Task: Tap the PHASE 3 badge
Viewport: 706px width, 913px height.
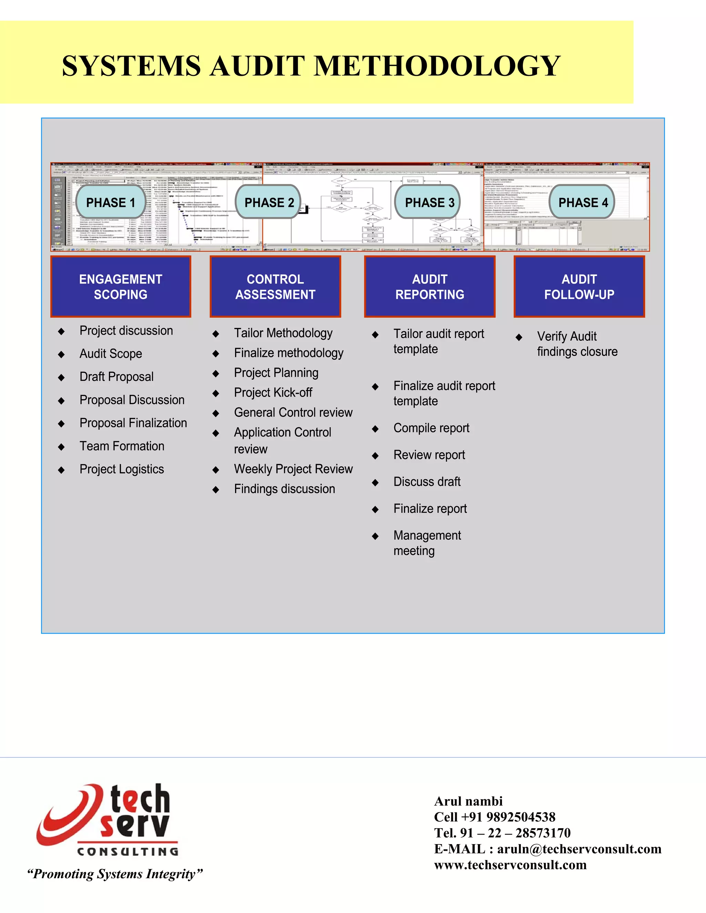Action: pos(429,202)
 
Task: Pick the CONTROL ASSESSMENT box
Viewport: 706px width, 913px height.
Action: pos(275,287)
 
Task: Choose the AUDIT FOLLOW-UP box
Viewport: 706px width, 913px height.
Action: pos(579,287)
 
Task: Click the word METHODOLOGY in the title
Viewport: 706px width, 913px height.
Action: pos(437,66)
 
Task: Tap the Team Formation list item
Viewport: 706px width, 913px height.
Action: pos(122,446)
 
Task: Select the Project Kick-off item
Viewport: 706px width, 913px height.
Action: pos(273,392)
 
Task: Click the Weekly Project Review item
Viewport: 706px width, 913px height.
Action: pos(293,469)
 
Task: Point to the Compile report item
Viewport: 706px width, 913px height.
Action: pos(431,428)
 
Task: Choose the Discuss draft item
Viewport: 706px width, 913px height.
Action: pos(427,482)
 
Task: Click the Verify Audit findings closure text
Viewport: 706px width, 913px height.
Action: pos(577,343)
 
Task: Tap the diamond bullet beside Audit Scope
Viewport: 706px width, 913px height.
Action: pos(61,355)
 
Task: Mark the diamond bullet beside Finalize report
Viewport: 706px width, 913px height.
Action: pos(375,509)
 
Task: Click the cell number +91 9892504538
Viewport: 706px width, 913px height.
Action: pos(508,817)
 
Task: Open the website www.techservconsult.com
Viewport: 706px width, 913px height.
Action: pos(510,864)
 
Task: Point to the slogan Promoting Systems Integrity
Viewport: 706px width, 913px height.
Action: pos(114,874)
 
